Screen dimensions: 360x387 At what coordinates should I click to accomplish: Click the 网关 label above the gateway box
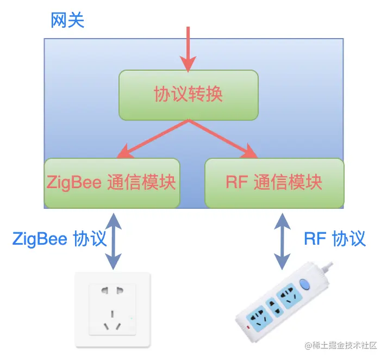(x=68, y=22)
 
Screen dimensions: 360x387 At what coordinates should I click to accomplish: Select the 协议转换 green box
(x=188, y=95)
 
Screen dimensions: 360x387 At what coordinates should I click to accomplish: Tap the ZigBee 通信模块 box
(x=111, y=183)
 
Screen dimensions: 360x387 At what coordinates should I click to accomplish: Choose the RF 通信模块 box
(x=274, y=183)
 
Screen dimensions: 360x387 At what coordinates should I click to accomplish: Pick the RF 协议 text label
(x=335, y=239)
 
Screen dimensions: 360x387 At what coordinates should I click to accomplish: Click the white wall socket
(x=112, y=310)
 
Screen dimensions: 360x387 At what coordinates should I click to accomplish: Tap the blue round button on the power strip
(x=304, y=284)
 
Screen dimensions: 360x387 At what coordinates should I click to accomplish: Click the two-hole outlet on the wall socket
(x=112, y=290)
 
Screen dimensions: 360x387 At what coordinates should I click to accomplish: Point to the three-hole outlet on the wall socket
(x=112, y=321)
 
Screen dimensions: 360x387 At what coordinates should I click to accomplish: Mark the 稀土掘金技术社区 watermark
(x=341, y=345)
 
